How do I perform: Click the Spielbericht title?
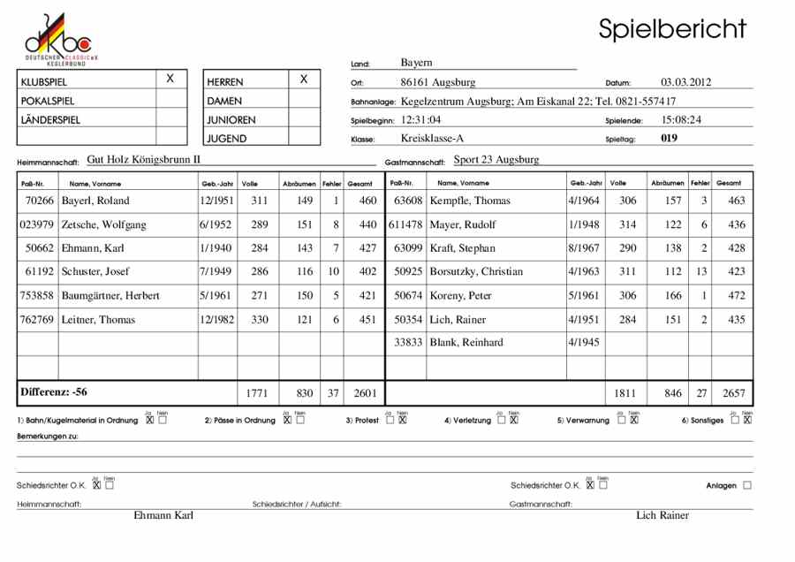(x=672, y=28)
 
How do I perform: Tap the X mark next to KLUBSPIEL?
(x=170, y=80)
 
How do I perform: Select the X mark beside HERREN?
(x=303, y=80)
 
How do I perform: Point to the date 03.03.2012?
(x=686, y=82)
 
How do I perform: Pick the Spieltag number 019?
(x=669, y=138)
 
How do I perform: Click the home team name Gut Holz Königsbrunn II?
(x=144, y=160)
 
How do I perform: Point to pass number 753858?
(x=37, y=295)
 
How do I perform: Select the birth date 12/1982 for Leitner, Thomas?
(x=216, y=319)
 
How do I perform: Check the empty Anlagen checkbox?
(x=747, y=485)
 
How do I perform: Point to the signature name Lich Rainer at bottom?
(x=662, y=515)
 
